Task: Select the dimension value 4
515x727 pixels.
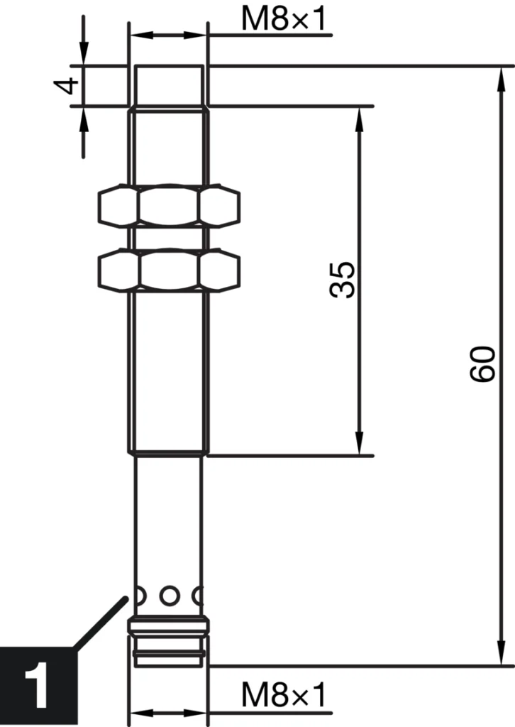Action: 68,86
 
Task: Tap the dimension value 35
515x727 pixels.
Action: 343,280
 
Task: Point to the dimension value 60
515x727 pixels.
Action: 482,364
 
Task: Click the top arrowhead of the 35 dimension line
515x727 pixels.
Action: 359,118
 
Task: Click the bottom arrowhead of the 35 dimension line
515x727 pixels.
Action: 359,444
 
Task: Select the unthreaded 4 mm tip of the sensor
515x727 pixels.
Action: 169,86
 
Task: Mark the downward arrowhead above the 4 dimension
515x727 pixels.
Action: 84,53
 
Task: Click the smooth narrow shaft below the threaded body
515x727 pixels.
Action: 169,518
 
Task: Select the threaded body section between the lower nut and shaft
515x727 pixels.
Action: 169,369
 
